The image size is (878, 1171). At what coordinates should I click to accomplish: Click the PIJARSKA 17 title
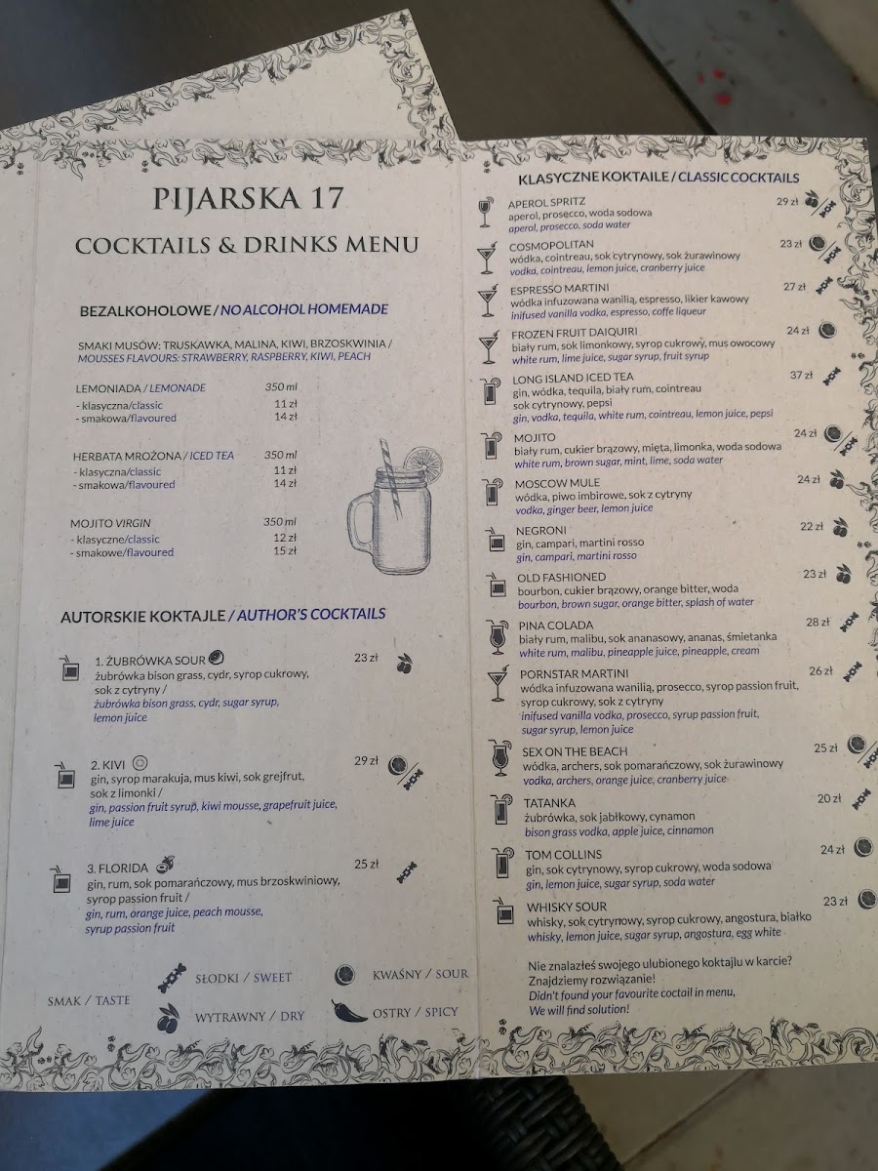248,198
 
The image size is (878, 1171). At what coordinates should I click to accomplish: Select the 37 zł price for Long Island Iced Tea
801,375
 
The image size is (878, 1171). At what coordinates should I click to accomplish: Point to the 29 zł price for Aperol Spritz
787,202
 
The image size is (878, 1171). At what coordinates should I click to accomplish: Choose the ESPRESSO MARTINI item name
559,287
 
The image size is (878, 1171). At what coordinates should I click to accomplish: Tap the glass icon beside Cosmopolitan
486,259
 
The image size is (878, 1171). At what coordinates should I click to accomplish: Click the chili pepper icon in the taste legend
349,1010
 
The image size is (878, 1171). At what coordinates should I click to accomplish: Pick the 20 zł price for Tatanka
829,798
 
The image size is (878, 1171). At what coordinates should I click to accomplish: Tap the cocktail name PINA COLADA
556,625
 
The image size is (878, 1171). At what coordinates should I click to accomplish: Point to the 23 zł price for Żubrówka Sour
366,659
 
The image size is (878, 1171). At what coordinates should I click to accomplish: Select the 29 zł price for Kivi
366,760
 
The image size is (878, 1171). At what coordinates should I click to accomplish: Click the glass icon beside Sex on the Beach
500,758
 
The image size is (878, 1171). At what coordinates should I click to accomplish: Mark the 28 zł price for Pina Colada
818,622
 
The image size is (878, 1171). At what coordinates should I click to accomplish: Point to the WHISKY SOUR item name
567,907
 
